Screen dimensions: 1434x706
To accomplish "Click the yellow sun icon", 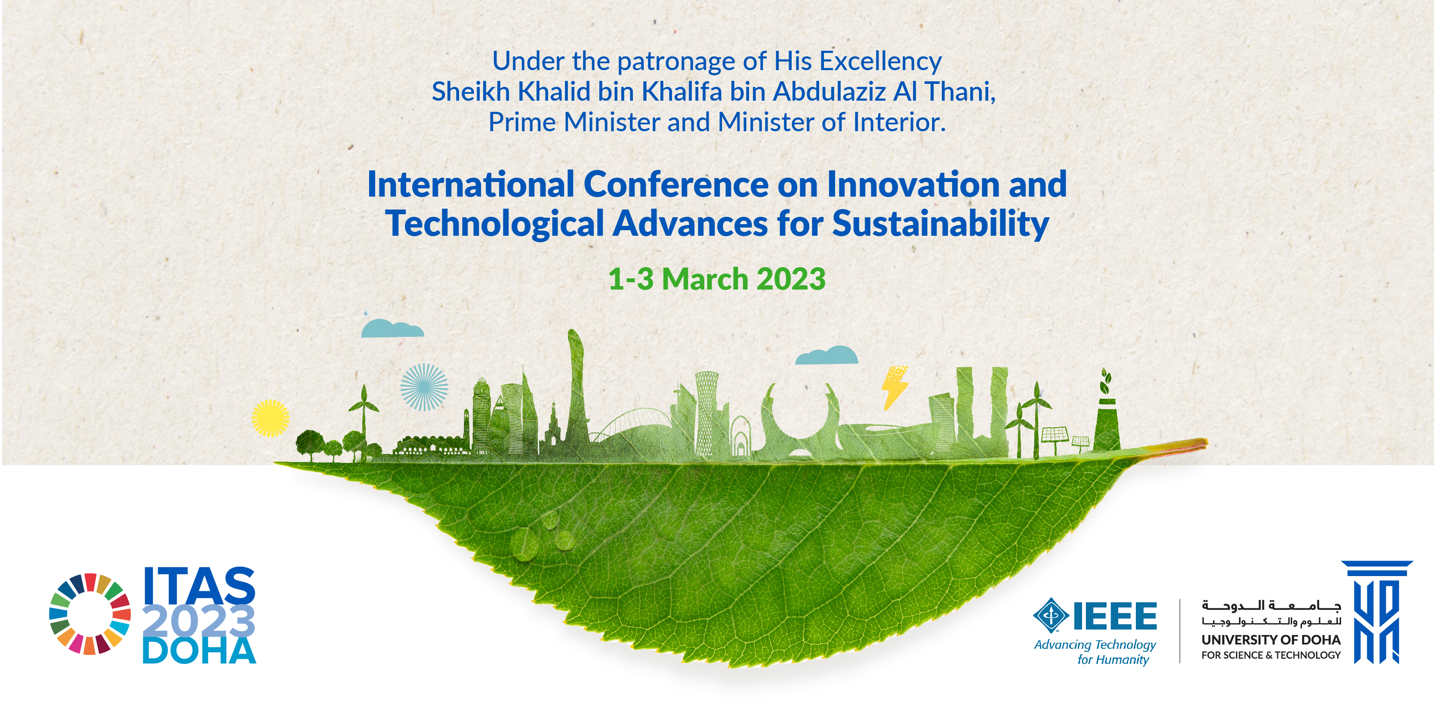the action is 271,418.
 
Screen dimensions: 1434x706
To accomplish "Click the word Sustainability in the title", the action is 941,224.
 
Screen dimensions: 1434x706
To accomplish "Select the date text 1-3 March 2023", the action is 717,279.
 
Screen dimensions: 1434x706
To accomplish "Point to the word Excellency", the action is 880,61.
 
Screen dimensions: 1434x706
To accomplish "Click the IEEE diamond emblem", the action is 1051,615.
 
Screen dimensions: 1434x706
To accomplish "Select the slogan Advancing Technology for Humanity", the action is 1095,652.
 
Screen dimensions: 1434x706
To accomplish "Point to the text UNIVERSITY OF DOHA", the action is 1271,640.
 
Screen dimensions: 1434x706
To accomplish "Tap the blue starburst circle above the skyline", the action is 424,387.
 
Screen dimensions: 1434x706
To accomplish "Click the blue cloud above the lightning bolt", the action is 826,355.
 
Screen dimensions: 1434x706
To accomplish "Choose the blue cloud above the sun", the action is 392,329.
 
